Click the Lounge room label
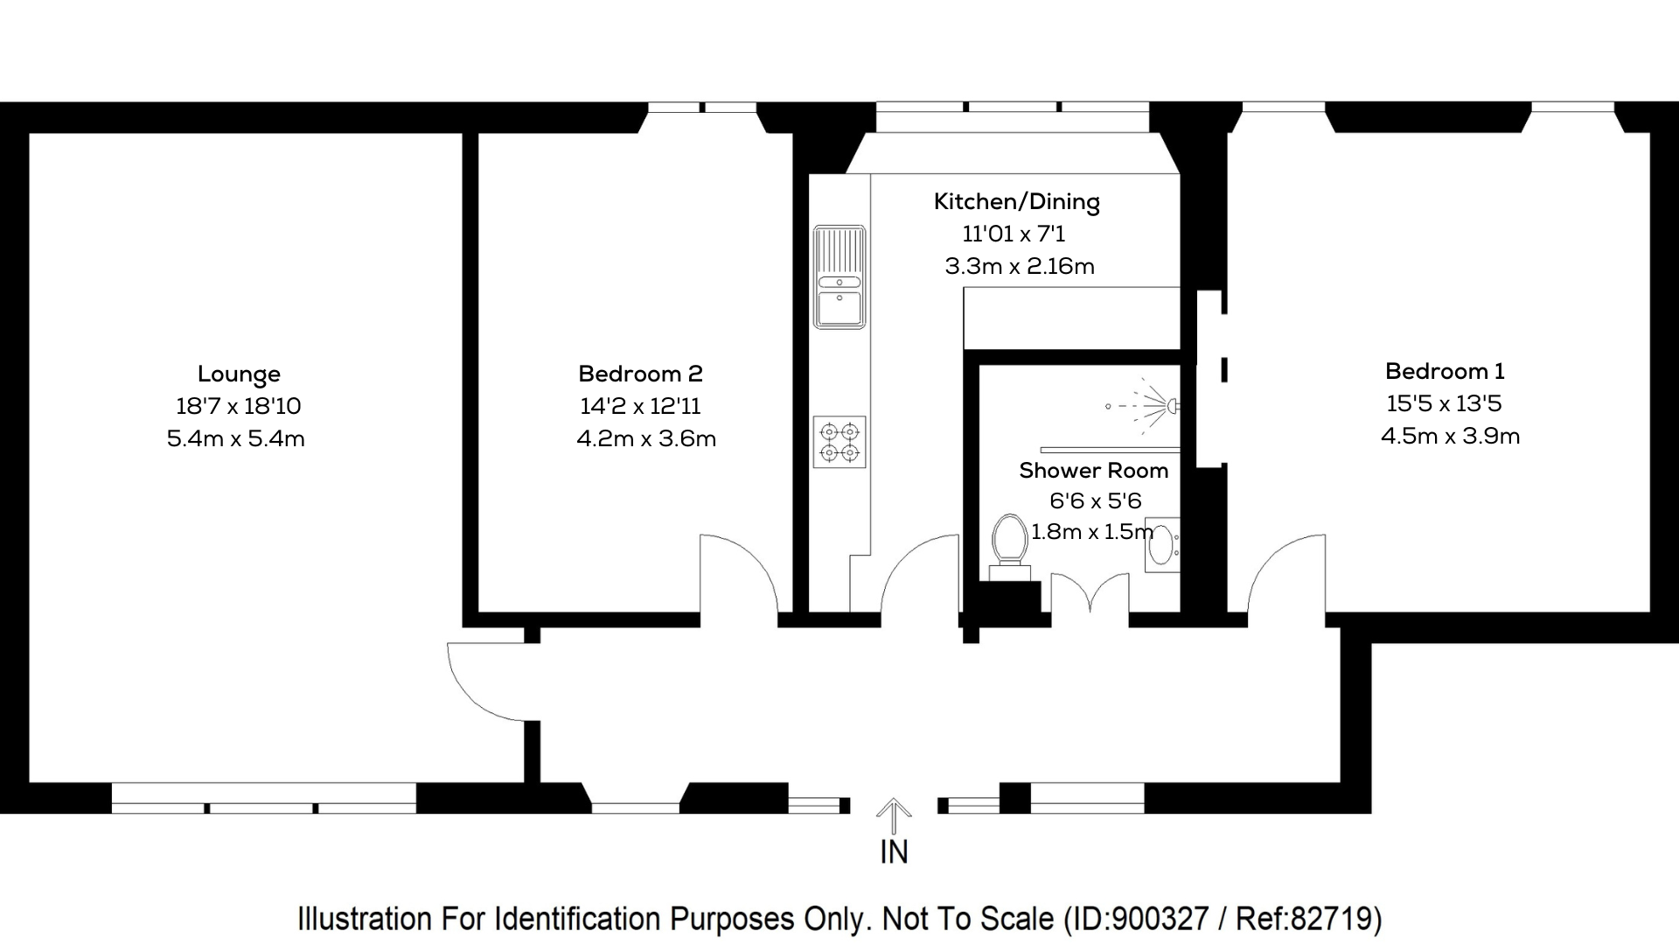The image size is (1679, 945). pos(239,374)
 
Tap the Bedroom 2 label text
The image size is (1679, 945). pos(640,374)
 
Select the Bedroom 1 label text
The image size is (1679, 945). pos(1445,372)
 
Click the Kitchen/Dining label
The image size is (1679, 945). pos(1016,202)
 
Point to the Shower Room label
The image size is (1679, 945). pos(1093,471)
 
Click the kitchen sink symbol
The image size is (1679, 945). pos(839,277)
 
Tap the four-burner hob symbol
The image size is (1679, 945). pos(839,442)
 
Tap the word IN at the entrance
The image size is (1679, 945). pos(894,852)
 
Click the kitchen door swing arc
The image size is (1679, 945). pos(918,573)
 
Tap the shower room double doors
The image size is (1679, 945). pos(1090,595)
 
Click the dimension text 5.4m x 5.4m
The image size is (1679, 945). pos(236,439)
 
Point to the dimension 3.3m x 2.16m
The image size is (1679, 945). pos(1020,267)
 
